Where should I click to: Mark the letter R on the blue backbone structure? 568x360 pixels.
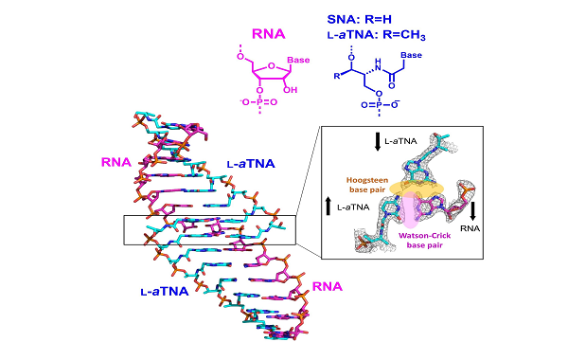pyautogui.click(x=334, y=75)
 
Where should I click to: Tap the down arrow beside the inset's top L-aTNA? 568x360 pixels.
pyautogui.click(x=378, y=142)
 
